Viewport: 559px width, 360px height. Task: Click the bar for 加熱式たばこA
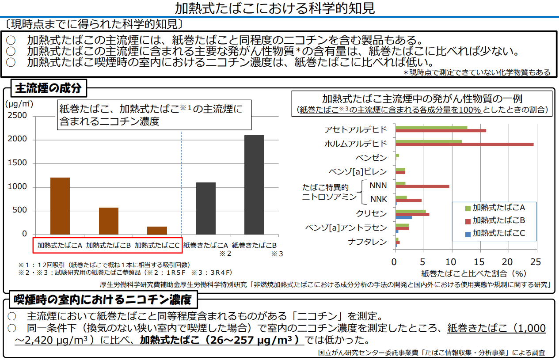click(x=60, y=206)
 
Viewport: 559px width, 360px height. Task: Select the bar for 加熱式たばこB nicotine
click(x=109, y=221)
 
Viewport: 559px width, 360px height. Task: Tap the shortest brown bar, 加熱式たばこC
click(x=157, y=231)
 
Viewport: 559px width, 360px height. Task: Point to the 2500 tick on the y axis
click(x=18, y=116)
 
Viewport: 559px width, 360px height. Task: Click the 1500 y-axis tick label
click(x=18, y=163)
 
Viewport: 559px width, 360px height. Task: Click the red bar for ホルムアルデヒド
click(x=464, y=144)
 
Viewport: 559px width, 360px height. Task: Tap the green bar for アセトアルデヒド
click(x=431, y=128)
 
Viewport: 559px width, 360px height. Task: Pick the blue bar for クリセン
click(x=403, y=217)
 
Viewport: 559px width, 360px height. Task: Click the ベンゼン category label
click(x=371, y=158)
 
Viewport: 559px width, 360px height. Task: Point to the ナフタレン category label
click(x=367, y=242)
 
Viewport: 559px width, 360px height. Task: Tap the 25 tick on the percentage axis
click(x=536, y=261)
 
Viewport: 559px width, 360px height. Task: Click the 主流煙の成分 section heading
click(x=48, y=88)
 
